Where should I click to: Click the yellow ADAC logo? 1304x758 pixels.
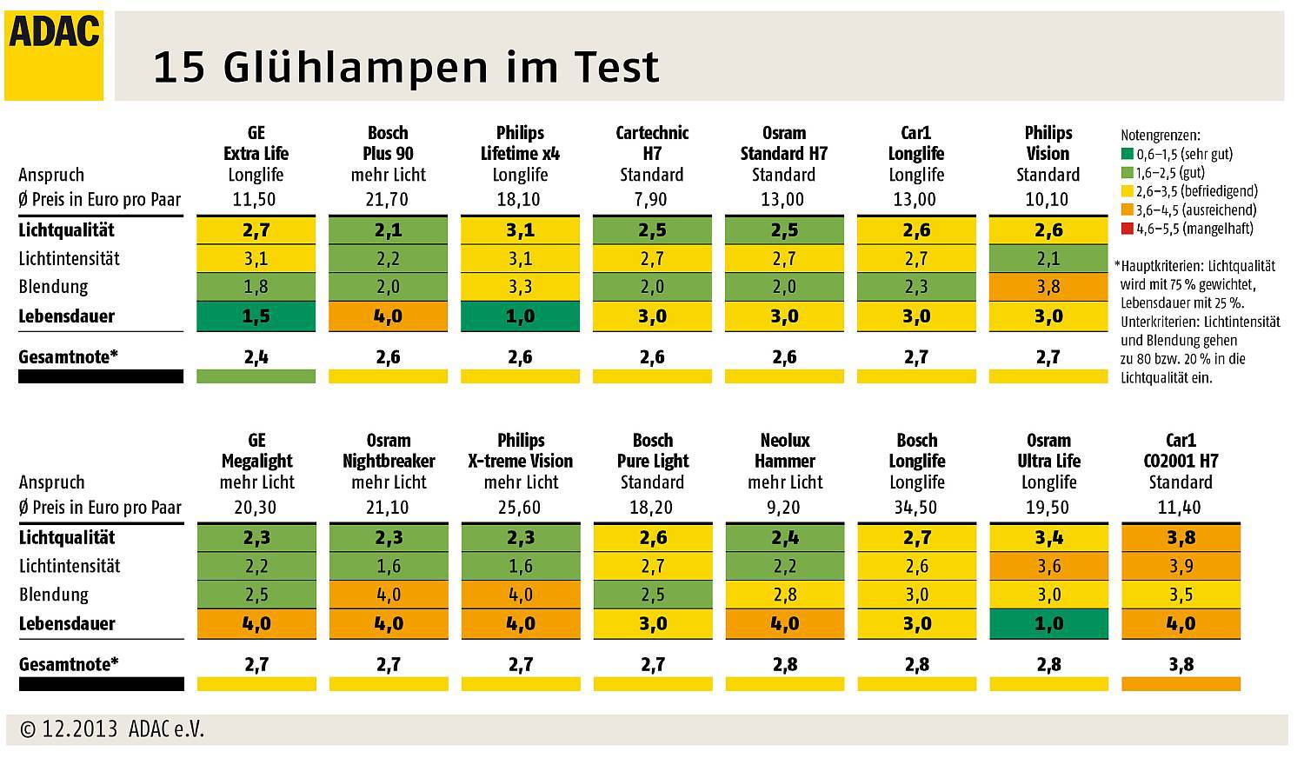(x=54, y=55)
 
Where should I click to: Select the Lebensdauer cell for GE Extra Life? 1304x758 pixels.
(x=256, y=316)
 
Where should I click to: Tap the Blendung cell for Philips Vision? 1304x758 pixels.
(x=1048, y=287)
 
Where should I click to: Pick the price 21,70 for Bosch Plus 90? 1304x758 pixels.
(x=388, y=200)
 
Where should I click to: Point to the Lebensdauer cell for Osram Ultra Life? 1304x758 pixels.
(x=1048, y=624)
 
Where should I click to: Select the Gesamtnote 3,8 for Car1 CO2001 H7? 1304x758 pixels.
(x=1181, y=665)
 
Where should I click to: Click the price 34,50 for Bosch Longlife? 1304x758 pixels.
(x=916, y=508)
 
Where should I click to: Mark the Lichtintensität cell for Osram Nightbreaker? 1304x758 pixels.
(x=388, y=567)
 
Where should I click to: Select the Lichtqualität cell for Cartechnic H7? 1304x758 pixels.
(x=652, y=230)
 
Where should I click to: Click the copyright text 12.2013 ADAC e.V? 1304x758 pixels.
(x=112, y=729)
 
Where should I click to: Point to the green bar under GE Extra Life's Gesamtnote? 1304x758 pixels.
(x=256, y=376)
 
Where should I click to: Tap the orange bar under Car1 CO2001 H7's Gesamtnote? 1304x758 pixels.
(x=1181, y=684)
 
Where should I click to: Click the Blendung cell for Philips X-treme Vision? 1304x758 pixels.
(x=520, y=595)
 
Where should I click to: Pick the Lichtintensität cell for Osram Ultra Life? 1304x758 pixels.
(x=1048, y=567)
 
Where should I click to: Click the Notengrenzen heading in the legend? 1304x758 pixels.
(x=1160, y=136)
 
